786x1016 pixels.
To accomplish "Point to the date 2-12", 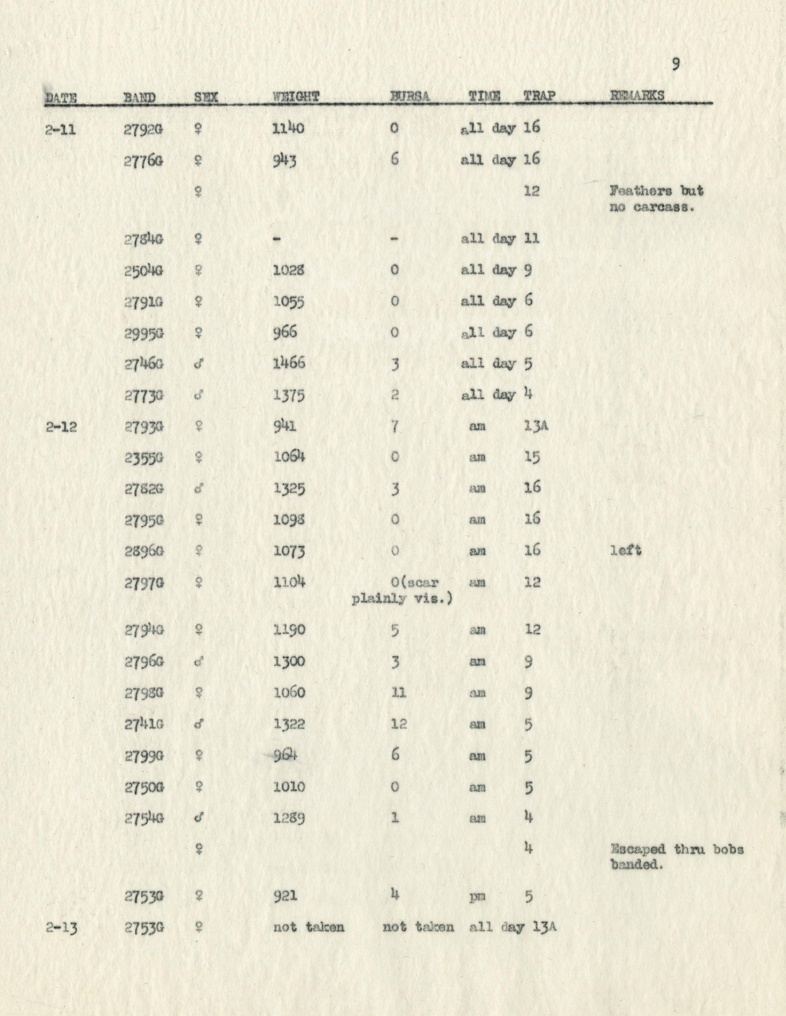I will pos(61,426).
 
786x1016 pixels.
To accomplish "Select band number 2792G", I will pos(143,130).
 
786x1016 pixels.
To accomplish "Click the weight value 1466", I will pos(289,363).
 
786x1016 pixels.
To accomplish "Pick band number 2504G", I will pos(143,271).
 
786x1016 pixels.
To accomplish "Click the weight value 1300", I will pos(289,662).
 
